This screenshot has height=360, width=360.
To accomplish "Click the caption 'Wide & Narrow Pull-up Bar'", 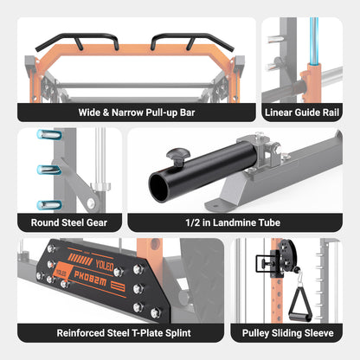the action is tap(137, 112).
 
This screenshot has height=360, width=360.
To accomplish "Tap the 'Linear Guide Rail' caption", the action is tap(302, 112).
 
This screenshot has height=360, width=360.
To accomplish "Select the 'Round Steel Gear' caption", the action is tap(69, 222).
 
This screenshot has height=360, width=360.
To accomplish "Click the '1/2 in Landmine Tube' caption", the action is tap(233, 222).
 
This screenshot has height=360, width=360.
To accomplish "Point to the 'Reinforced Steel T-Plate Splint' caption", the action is tap(124, 333).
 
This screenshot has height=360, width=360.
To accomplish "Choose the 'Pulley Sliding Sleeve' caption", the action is tap(288, 333).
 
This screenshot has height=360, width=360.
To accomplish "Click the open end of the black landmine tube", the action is tap(159, 187).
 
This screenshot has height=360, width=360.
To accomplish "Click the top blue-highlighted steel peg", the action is tap(49, 134).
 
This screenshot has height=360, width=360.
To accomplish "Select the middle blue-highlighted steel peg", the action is tap(49, 170).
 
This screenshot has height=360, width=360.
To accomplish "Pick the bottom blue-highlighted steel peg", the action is tap(49, 205).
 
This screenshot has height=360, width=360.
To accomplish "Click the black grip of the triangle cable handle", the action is tap(300, 318).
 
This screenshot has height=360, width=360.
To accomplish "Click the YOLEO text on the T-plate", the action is tap(105, 265).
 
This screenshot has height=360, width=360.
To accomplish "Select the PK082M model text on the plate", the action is tap(90, 279).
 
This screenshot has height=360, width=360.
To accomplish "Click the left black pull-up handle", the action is tap(77, 42).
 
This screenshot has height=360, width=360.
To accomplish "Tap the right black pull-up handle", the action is tap(192, 42).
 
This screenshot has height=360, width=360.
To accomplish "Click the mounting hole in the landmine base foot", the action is tap(215, 205).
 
